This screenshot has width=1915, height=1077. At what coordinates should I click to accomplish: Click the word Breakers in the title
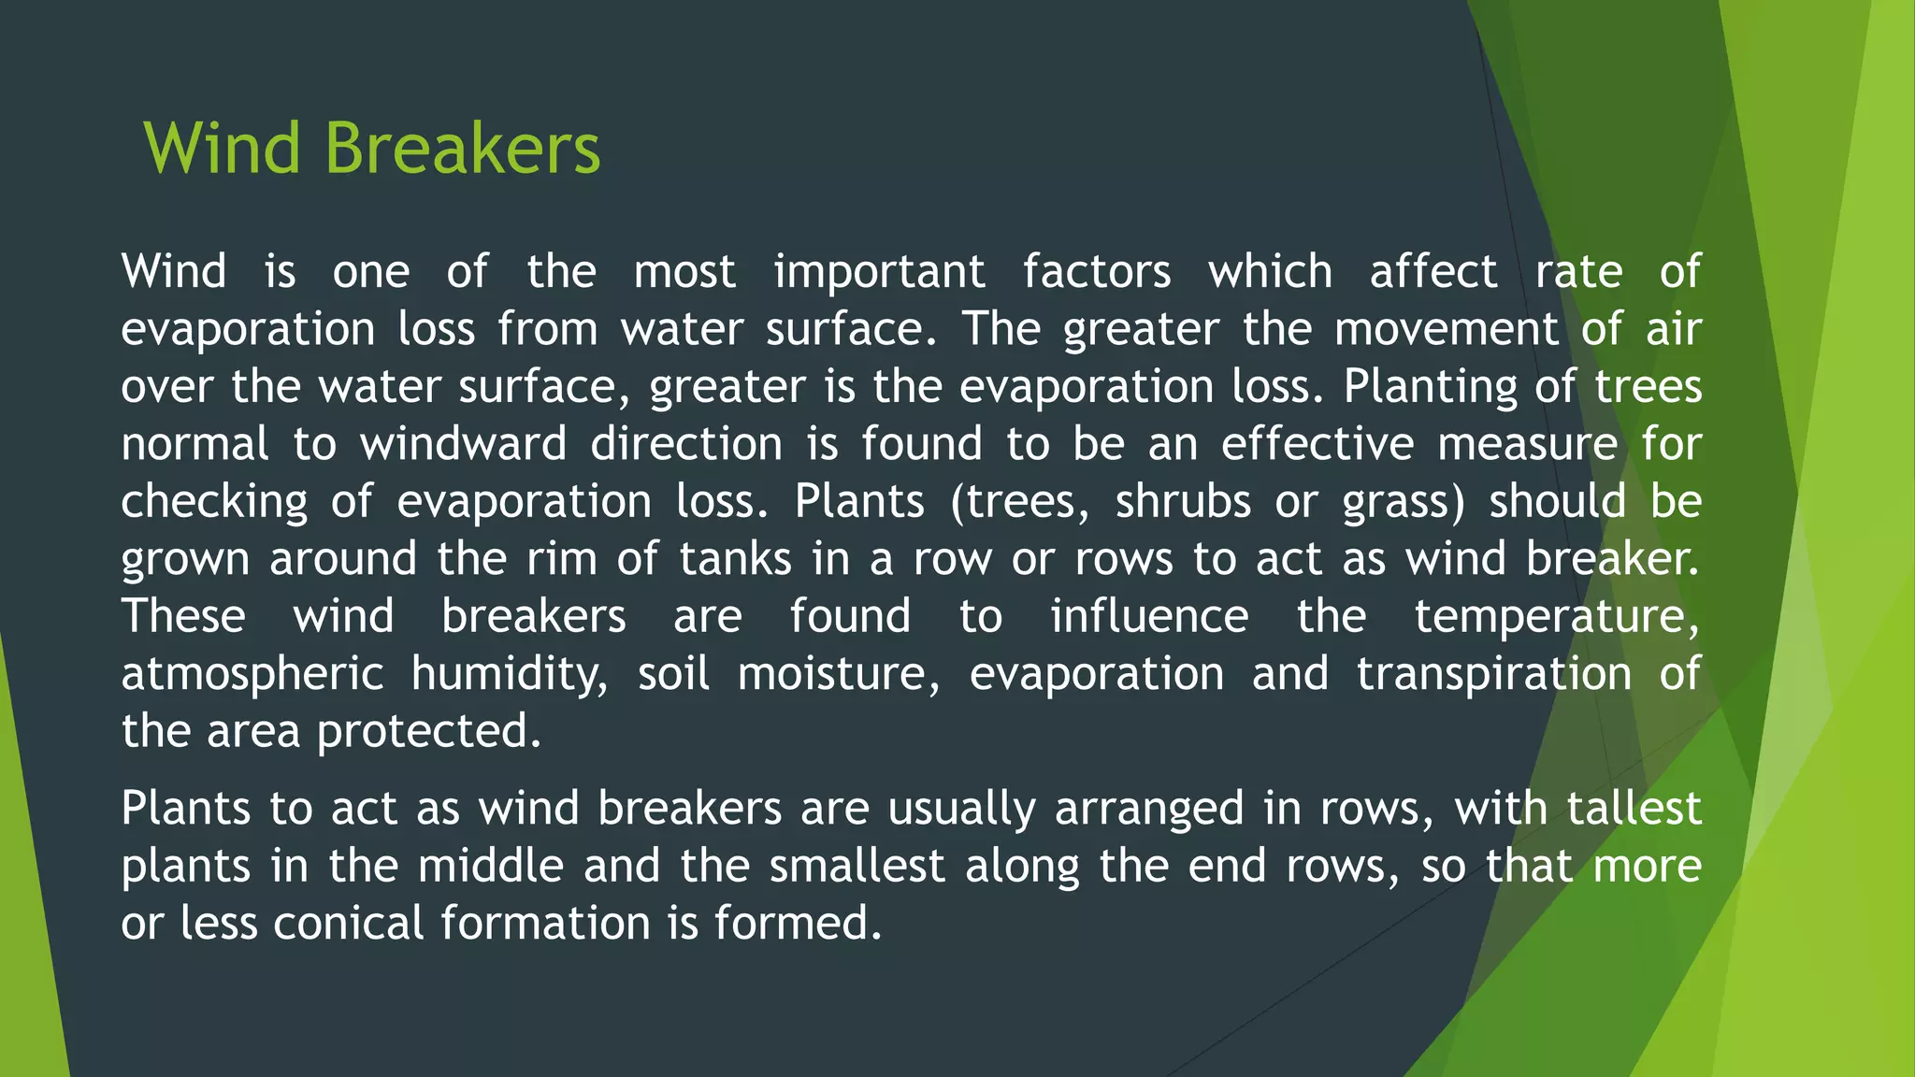[462, 150]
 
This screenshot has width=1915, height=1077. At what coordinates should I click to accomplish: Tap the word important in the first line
[879, 273]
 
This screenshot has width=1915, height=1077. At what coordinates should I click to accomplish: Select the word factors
[1096, 273]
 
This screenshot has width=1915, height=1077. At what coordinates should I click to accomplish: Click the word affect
[1433, 273]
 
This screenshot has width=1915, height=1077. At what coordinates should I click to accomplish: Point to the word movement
[1446, 330]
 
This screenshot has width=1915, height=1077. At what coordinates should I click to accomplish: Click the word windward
[464, 444]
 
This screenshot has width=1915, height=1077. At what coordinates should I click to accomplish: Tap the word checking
[214, 503]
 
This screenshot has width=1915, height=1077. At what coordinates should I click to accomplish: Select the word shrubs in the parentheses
[1183, 502]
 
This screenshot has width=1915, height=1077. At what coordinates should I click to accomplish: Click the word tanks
[735, 559]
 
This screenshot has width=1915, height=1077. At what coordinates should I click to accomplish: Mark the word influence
[1149, 617]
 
